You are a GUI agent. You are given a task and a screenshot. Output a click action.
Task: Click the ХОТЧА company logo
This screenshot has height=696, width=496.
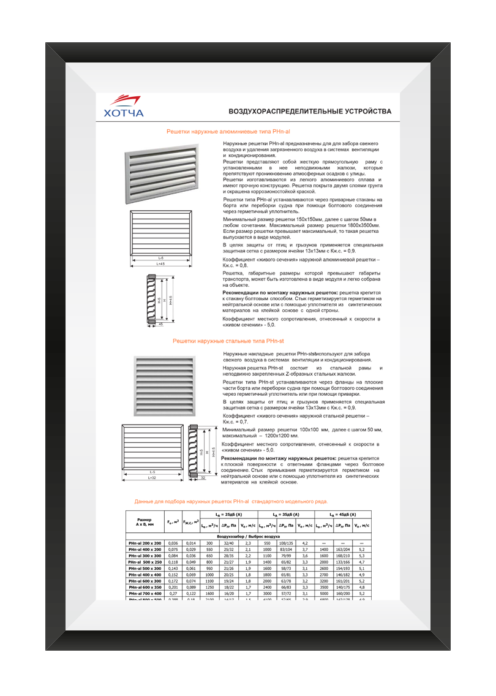124,107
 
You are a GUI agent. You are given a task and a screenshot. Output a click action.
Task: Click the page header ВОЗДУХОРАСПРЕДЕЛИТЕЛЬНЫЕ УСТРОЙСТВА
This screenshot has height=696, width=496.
309,112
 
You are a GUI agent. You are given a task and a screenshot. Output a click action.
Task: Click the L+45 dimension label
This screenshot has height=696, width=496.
160,264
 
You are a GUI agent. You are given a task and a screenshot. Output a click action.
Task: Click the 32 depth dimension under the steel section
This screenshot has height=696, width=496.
203,477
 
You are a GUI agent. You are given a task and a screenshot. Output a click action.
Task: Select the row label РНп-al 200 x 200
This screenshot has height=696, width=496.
145,543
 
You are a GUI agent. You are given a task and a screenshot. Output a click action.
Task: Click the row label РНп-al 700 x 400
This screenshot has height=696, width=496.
145,594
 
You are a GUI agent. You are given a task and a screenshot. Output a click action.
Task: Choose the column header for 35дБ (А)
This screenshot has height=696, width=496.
286,515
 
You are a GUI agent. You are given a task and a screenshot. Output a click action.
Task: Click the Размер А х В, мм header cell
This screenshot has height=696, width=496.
145,521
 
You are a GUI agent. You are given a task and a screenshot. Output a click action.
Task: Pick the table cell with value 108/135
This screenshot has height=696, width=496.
286,543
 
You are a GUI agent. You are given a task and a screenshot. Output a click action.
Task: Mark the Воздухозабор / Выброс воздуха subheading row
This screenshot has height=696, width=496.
249,536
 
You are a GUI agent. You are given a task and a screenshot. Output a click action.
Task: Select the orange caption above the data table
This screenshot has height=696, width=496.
231,501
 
